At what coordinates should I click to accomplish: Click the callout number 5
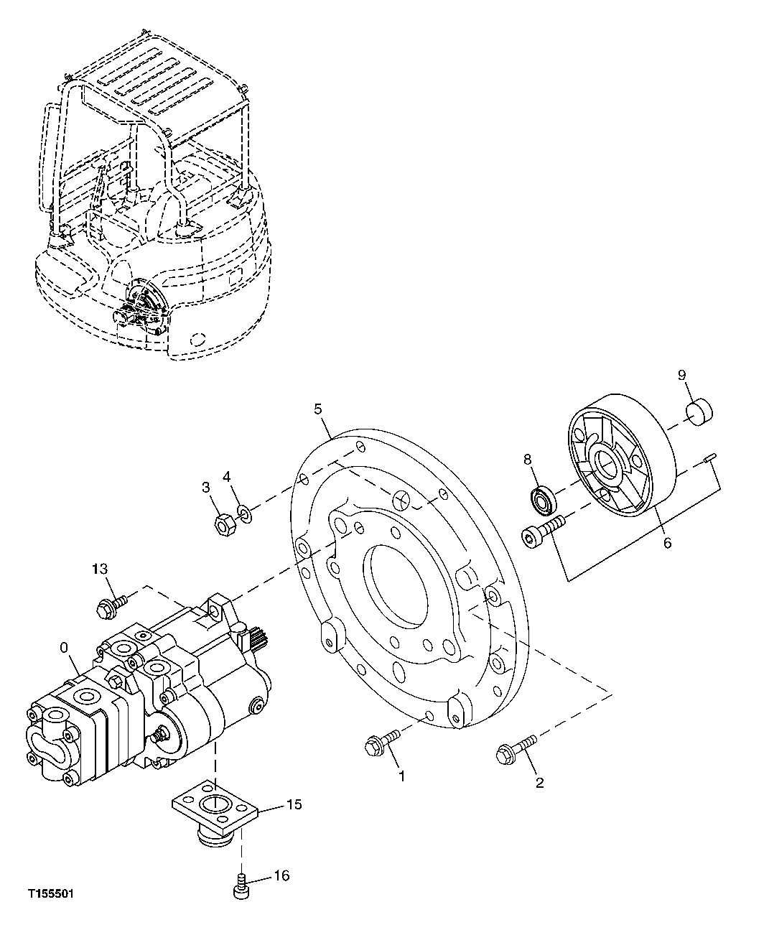point(318,409)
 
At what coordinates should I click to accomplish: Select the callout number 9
point(681,375)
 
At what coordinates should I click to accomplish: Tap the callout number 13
point(99,569)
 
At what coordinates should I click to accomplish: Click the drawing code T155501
point(51,895)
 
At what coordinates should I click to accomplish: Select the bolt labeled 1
point(381,744)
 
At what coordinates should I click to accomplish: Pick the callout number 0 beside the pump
point(64,647)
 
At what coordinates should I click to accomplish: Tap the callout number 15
point(294,804)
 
